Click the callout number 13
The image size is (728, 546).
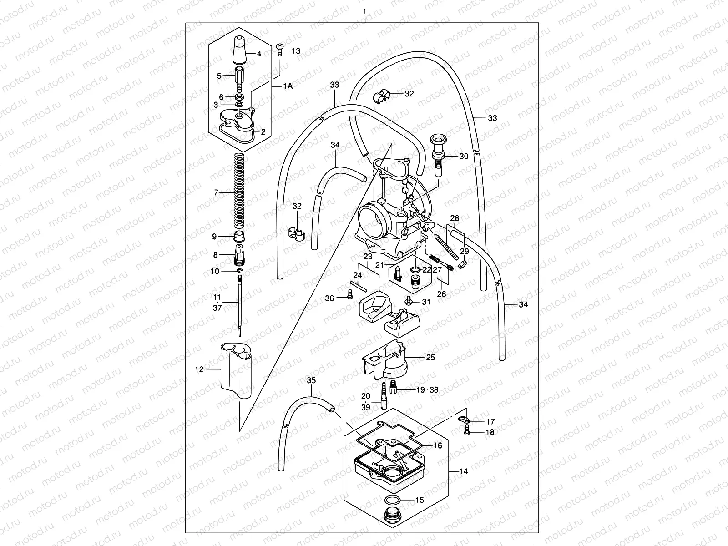(296, 51)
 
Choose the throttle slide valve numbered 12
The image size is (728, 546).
(237, 371)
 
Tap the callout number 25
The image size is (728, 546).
(430, 357)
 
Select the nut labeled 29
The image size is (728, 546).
(462, 263)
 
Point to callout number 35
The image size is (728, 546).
(311, 379)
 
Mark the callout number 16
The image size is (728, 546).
(437, 446)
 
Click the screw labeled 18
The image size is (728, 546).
(467, 432)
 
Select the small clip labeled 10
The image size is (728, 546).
(240, 271)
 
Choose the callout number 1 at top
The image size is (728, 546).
(364, 10)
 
